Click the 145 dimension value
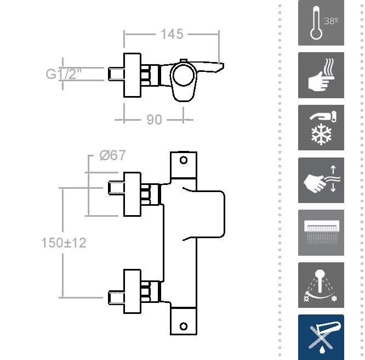click(x=172, y=34)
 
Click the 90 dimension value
click(x=155, y=119)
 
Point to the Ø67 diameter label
click(x=112, y=155)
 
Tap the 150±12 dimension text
click(x=64, y=242)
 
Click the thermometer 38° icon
click(x=321, y=23)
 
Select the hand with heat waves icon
click(x=321, y=75)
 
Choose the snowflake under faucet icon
click(x=321, y=127)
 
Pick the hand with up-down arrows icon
click(x=321, y=180)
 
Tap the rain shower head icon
click(x=321, y=233)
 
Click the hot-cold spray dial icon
click(x=321, y=285)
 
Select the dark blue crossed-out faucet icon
click(x=321, y=337)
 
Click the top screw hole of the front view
click(x=184, y=161)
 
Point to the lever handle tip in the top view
click(x=220, y=66)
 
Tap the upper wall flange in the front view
click(x=132, y=194)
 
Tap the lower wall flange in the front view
click(x=132, y=291)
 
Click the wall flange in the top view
click(x=132, y=75)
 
